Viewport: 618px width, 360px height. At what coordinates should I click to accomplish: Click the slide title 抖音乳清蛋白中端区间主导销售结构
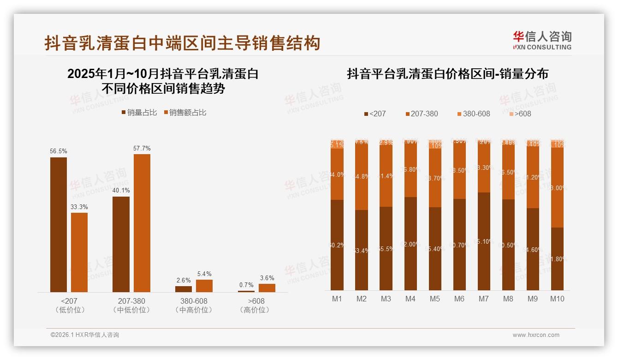click(x=182, y=43)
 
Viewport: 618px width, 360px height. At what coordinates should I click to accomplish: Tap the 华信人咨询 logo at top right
click(x=542, y=41)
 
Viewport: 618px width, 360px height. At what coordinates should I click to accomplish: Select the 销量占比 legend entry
click(x=139, y=113)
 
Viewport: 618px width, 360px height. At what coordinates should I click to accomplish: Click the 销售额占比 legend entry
click(x=185, y=113)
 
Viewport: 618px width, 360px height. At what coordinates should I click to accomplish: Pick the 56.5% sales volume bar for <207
click(x=59, y=224)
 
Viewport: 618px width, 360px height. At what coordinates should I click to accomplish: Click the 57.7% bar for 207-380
click(x=142, y=223)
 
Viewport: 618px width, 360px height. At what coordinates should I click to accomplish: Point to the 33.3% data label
click(x=79, y=207)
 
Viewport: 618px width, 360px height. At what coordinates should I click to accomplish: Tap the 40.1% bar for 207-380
click(x=121, y=244)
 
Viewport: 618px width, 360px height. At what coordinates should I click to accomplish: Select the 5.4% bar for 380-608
click(x=204, y=286)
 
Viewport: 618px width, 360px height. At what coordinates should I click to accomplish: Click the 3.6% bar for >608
click(x=267, y=288)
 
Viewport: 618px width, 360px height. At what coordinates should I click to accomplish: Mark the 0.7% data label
click(x=246, y=285)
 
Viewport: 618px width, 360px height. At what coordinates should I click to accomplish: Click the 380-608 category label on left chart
click(x=194, y=301)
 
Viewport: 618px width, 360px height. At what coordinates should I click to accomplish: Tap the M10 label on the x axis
click(x=557, y=299)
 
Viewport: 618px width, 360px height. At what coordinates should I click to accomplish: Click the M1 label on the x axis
click(x=337, y=299)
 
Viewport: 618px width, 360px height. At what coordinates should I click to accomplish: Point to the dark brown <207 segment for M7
click(x=483, y=241)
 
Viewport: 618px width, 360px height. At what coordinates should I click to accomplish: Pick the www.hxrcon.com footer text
click(x=536, y=335)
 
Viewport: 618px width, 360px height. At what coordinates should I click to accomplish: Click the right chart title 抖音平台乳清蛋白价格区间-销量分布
click(x=447, y=74)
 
